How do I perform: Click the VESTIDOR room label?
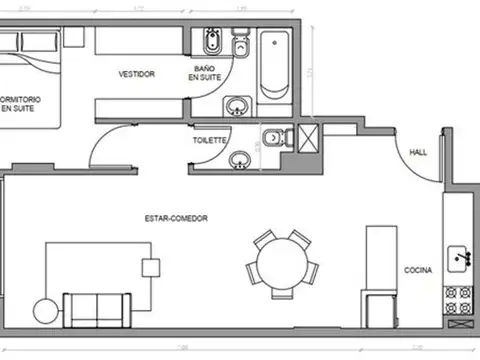pyautogui.click(x=136, y=74)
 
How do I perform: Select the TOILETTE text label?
pyautogui.click(x=209, y=141)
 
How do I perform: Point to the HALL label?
pyautogui.click(x=419, y=151)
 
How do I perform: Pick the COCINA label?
pyautogui.click(x=417, y=271)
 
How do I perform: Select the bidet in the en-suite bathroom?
pyautogui.click(x=212, y=46)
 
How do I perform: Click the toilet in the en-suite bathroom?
pyautogui.click(x=240, y=46)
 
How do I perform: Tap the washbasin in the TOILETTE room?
pyautogui.click(x=240, y=159)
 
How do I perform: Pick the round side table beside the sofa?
pyautogui.click(x=46, y=311)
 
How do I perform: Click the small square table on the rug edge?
pyautogui.click(x=151, y=268)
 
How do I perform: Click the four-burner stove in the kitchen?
pyautogui.click(x=462, y=297)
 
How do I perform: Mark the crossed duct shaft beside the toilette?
pyautogui.click(x=308, y=136)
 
